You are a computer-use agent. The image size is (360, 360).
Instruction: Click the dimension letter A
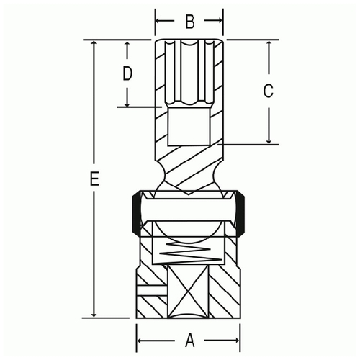pyautogui.click(x=190, y=340)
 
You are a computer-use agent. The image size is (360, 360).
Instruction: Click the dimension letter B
pyautogui.click(x=190, y=21)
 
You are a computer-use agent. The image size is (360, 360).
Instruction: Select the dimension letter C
pyautogui.click(x=268, y=91)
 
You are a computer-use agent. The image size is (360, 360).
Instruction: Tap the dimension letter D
pyautogui.click(x=127, y=73)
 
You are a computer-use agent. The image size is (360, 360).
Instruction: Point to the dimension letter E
pyautogui.click(x=94, y=179)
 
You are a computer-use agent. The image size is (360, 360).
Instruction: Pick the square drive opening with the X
pyautogui.click(x=188, y=292)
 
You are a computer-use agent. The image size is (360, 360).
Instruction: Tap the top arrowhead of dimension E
pyautogui.click(x=94, y=43)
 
